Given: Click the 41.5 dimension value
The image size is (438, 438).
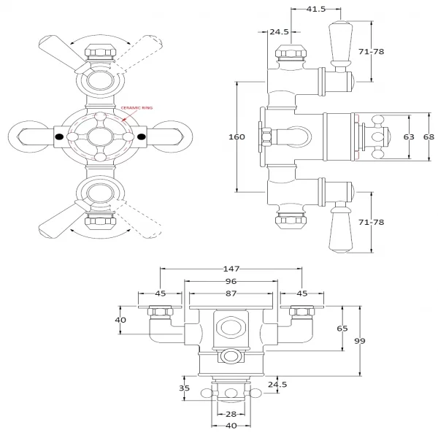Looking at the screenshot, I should pyautogui.click(x=315, y=9).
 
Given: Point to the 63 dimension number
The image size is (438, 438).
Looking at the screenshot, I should pyautogui.click(x=409, y=137).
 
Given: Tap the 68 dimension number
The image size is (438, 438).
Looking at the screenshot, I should pyautogui.click(x=429, y=137).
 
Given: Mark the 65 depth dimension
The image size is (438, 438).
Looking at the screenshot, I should pyautogui.click(x=342, y=329).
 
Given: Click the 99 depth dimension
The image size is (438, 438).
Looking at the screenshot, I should pyautogui.click(x=360, y=341).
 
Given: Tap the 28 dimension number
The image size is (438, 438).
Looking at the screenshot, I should pyautogui.click(x=229, y=414).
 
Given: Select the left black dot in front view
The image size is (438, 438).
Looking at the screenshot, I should pyautogui.click(x=58, y=137).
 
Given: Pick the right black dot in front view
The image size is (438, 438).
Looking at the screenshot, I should pyautogui.click(x=142, y=137).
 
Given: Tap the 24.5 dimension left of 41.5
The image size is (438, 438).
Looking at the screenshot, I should pyautogui.click(x=279, y=32).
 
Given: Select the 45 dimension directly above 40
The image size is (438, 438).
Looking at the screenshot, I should pyautogui.click(x=161, y=293).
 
